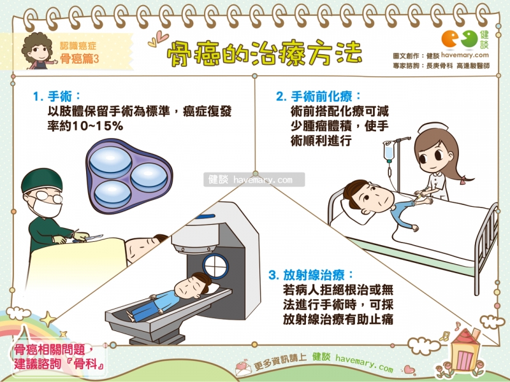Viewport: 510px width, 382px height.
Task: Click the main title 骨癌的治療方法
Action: [264, 53]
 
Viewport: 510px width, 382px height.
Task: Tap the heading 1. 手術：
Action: [57, 96]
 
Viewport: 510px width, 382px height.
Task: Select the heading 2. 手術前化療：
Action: [318, 97]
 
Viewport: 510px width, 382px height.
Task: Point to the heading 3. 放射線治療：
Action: [310, 275]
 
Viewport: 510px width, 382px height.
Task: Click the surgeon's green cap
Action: [41, 180]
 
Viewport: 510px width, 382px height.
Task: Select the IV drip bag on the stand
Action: [388, 152]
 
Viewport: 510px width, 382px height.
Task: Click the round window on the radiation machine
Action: [215, 266]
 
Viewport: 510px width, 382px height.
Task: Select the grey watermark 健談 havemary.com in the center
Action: [254, 180]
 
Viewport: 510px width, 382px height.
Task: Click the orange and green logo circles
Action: [459, 39]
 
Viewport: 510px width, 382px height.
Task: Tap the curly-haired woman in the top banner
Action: [38, 52]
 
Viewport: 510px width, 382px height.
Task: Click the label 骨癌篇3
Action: [79, 59]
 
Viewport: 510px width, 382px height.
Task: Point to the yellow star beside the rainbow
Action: [48, 320]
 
